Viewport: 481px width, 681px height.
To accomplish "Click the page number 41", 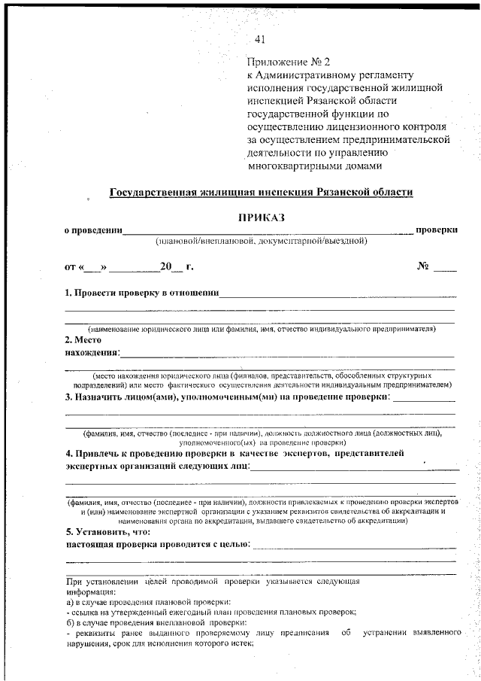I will [x=260, y=40].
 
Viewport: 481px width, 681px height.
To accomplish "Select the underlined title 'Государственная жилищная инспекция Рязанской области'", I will [x=261, y=192].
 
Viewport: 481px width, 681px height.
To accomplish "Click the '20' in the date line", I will [x=165, y=266].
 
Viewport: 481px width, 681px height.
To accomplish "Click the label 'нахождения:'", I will [x=92, y=351].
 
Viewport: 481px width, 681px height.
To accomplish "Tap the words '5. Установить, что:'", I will [x=107, y=532].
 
